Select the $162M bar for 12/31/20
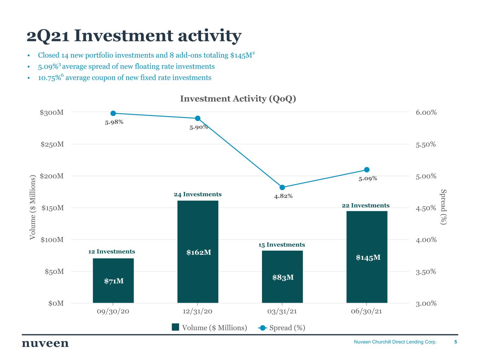[x=198, y=252]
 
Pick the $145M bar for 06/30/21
[x=367, y=257]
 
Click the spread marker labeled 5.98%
[x=113, y=113]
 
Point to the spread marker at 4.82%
[x=282, y=187]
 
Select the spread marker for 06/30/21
[x=367, y=170]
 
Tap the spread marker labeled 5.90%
[x=198, y=118]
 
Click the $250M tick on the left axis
[x=52, y=144]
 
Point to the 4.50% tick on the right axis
[x=426, y=208]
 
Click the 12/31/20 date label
[x=198, y=311]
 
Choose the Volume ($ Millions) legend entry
[x=210, y=328]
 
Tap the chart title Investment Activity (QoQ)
[x=238, y=99]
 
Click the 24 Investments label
[x=198, y=194]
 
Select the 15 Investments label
[x=282, y=245]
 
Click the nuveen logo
[x=45, y=343]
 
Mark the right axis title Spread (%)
[x=443, y=207]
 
